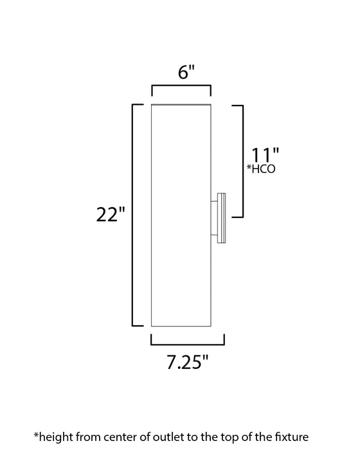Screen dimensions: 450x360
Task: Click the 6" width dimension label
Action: point(181,73)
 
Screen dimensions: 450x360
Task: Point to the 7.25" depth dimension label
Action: point(187,363)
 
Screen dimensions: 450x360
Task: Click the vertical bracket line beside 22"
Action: point(133,215)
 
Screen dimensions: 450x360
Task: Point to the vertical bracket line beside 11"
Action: point(242,161)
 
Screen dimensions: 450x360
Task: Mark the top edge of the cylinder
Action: point(181,103)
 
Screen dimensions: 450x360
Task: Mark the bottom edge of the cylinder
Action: point(181,328)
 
